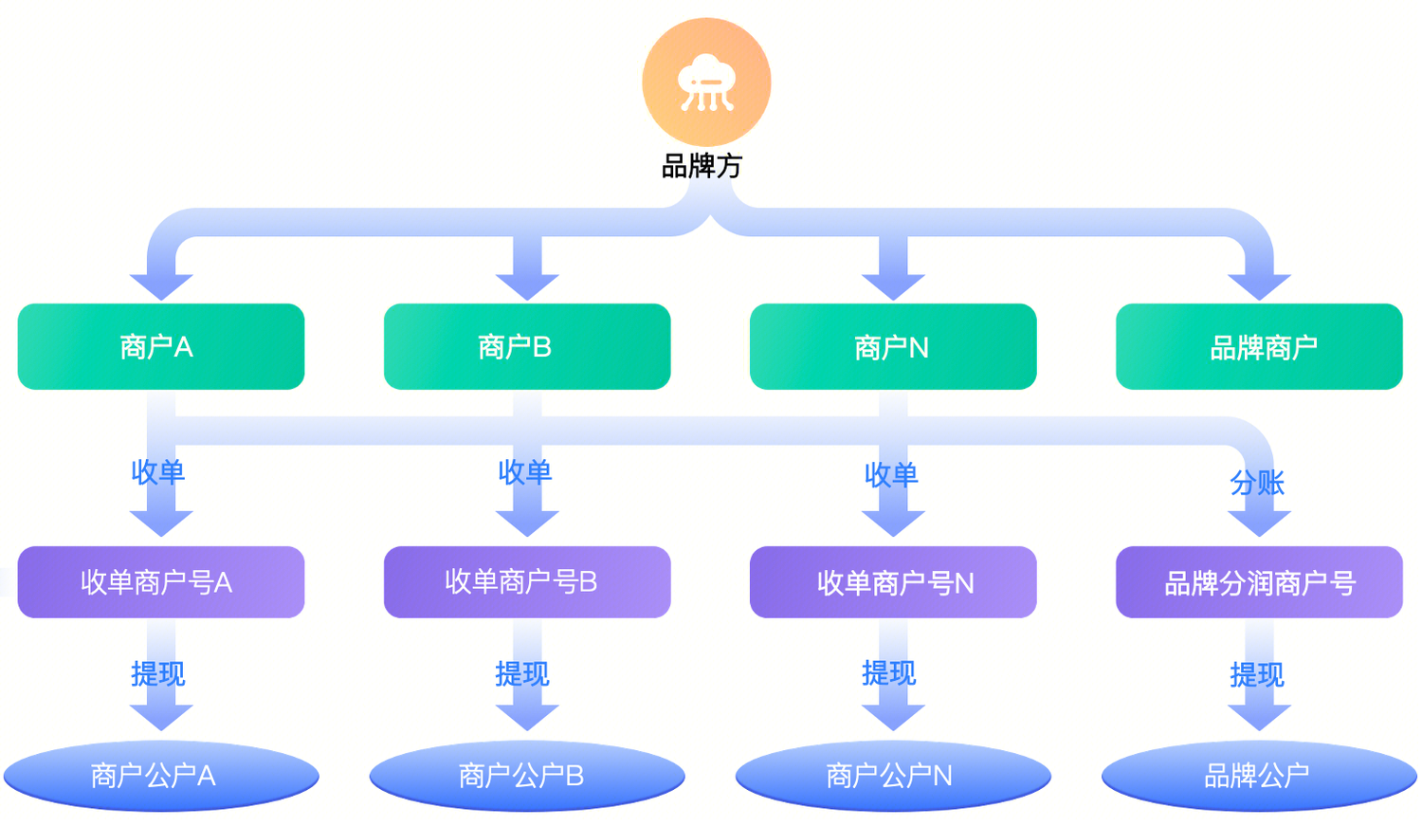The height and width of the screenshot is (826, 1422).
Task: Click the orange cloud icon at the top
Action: tap(706, 83)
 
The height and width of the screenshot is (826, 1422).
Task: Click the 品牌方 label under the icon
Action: tap(702, 167)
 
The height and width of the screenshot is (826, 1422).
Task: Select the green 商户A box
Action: tap(161, 347)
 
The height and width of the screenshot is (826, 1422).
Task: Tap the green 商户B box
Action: tap(527, 347)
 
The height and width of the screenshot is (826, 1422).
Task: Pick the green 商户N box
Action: tap(893, 347)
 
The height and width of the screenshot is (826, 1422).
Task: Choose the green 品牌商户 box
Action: tap(1259, 347)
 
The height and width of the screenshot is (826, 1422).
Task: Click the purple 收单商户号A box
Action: tap(161, 582)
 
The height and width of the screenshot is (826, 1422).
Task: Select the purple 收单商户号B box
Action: tap(527, 582)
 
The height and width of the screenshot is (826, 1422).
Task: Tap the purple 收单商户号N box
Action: tap(893, 582)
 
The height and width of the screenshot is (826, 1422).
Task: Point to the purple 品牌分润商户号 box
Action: tap(1259, 582)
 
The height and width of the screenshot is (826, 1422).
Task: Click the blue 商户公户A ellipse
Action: tap(161, 776)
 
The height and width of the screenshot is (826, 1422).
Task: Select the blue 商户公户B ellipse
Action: tap(527, 776)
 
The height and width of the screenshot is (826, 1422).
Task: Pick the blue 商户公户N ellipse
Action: tap(893, 776)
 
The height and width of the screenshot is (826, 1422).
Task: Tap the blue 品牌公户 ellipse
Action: tap(1259, 776)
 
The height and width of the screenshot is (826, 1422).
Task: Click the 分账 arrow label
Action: tap(1257, 484)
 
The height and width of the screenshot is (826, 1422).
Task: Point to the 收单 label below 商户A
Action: tap(158, 472)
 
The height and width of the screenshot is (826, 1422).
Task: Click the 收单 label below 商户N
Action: tap(891, 474)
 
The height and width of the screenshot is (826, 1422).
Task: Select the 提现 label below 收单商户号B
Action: tap(522, 674)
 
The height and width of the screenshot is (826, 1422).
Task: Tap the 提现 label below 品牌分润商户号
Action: tap(1257, 675)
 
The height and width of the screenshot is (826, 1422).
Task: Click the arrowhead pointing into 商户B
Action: tap(527, 285)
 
